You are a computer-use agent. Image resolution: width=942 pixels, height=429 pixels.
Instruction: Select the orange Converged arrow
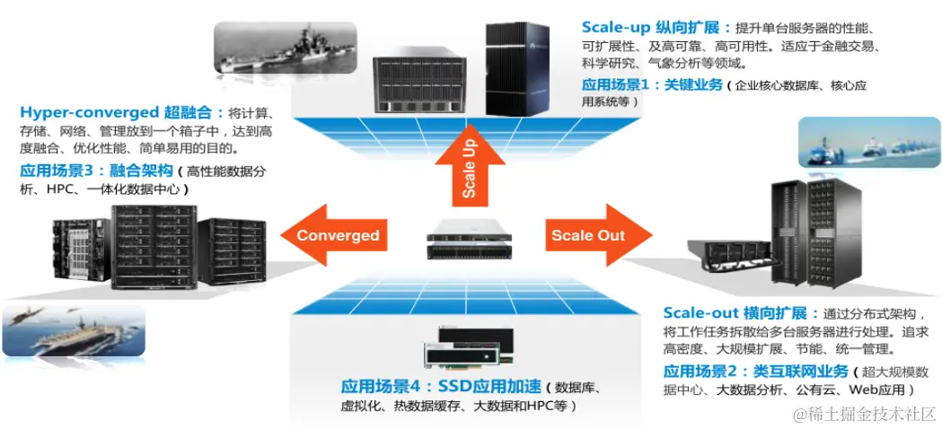(x=335, y=236)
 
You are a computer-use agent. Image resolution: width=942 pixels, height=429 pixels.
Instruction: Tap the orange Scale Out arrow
(x=594, y=235)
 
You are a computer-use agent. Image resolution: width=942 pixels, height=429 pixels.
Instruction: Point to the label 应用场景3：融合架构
(x=97, y=171)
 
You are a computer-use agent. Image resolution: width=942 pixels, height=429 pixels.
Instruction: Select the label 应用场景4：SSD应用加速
(x=441, y=387)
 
